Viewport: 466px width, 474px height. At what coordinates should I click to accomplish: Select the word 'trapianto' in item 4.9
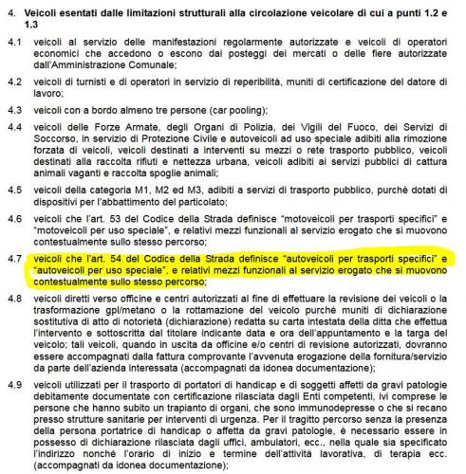tap(183, 401)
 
